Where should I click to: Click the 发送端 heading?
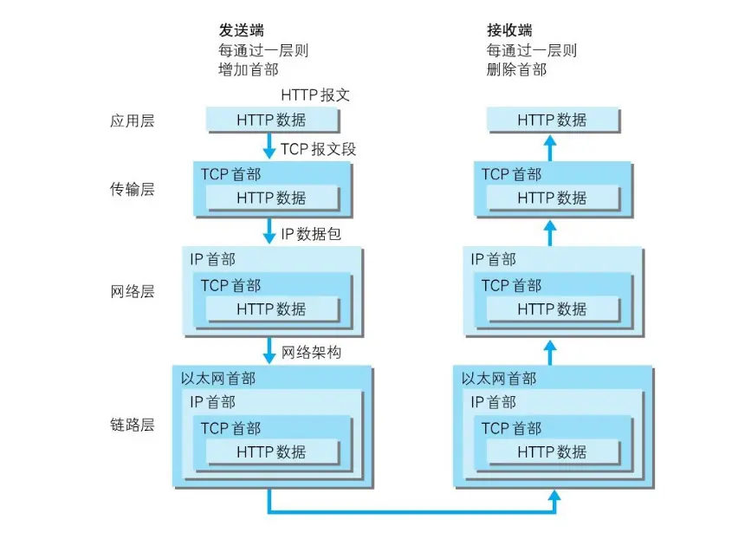(x=240, y=31)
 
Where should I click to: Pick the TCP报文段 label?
(x=318, y=149)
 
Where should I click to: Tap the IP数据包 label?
(x=311, y=235)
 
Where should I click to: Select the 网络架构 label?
(x=311, y=352)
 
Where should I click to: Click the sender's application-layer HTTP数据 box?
(x=271, y=120)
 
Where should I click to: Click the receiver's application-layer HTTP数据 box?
(x=552, y=120)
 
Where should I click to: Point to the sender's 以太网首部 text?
(x=218, y=379)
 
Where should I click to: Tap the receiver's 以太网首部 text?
(x=499, y=379)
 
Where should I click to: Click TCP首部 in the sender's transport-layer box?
(x=231, y=174)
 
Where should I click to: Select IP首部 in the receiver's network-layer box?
(x=493, y=259)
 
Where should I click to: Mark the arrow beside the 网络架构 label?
(x=269, y=351)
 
